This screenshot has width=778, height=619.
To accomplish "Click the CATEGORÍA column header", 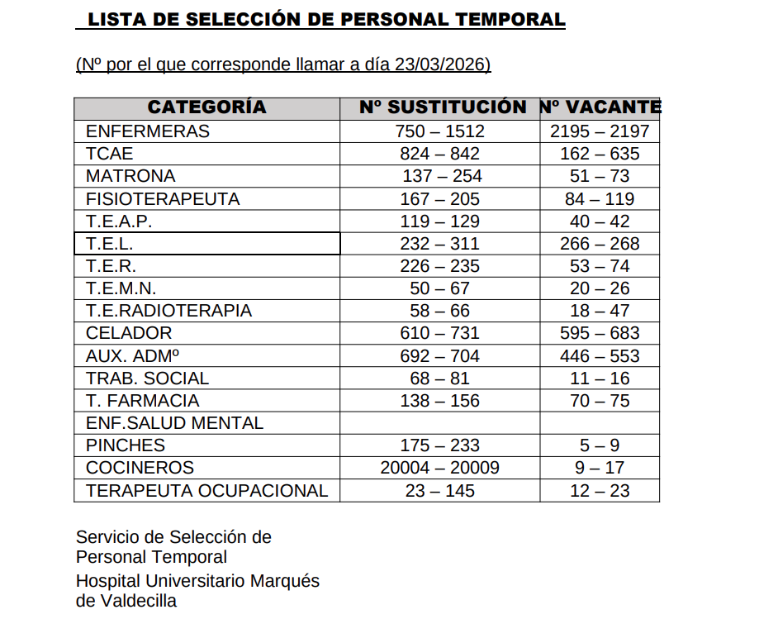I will (x=206, y=107).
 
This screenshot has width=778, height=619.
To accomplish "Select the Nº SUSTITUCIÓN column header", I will (x=443, y=107).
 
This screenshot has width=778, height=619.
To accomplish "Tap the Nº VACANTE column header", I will (x=600, y=107).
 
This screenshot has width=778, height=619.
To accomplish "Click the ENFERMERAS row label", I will (x=148, y=131).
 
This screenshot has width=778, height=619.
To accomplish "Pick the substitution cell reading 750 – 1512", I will (x=439, y=131).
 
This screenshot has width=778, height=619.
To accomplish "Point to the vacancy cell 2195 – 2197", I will (x=600, y=131).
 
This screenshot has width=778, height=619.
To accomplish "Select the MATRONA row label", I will (x=130, y=176).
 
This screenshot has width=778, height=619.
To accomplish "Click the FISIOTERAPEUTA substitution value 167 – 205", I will (x=439, y=199).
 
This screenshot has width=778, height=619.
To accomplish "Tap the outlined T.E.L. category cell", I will (x=206, y=244).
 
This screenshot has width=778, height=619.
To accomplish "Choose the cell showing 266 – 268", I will (x=600, y=244).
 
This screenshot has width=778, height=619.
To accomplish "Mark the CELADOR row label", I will (x=129, y=333).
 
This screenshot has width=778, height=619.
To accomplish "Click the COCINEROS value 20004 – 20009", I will (x=439, y=468).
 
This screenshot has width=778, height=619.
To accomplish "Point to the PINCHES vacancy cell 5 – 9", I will (x=600, y=445).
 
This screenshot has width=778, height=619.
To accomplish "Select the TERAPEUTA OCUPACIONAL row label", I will (x=206, y=491).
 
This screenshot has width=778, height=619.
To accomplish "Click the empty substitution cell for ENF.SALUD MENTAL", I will (x=439, y=423).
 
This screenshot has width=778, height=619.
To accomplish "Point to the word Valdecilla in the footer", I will (x=137, y=601).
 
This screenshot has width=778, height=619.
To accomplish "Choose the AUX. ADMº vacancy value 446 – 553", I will (x=600, y=356).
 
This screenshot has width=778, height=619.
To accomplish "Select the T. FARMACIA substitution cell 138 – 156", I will (x=439, y=401).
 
